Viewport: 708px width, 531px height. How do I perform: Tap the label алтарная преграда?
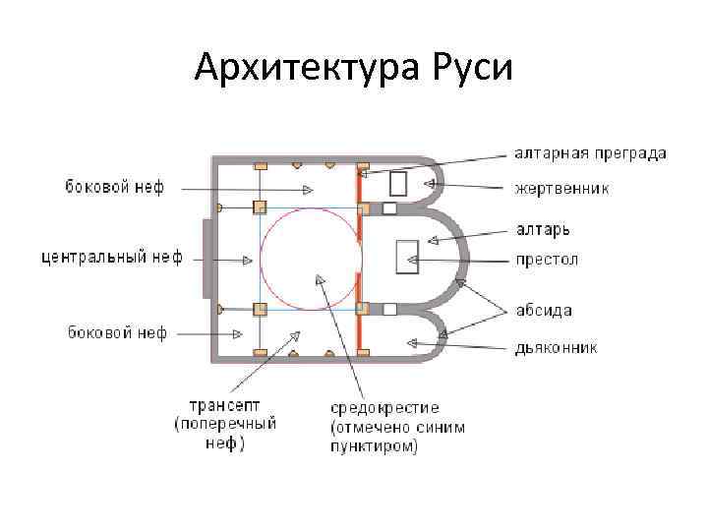coord(590,152)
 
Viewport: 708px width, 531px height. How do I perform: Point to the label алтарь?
coord(543,229)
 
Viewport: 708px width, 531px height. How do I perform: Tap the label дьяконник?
coord(557,347)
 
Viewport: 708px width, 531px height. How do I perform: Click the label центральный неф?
coord(111,259)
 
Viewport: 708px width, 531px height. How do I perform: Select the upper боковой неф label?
coord(116,187)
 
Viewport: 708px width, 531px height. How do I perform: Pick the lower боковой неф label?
coord(117,332)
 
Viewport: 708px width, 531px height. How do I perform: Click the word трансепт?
coord(224,405)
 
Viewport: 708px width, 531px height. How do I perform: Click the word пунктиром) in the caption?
coord(374,445)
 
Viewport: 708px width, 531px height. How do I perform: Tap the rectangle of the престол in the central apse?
coord(405,257)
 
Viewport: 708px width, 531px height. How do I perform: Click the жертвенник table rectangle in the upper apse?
coord(398,184)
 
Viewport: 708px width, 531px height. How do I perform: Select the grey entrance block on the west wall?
coord(206,259)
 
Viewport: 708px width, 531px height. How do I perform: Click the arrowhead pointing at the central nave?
coord(251,260)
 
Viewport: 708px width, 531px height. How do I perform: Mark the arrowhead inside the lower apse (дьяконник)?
coord(414,342)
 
